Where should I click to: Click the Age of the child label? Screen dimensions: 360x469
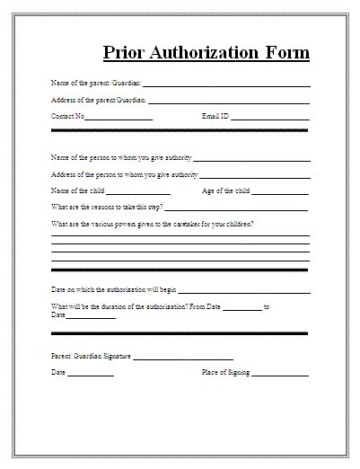[227, 191]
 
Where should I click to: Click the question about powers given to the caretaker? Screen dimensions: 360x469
[152, 224]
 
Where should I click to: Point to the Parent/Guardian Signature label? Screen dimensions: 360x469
[91, 357]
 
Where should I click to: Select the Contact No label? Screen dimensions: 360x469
[68, 117]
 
